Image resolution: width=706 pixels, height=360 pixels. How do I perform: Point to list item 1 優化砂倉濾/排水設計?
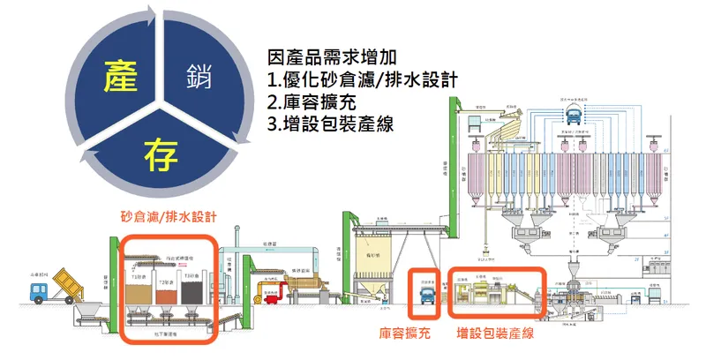coord(362,80)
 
